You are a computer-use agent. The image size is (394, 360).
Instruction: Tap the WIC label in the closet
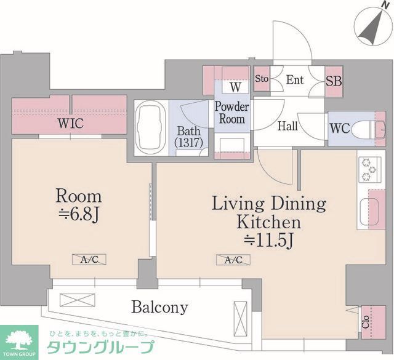click(71, 124)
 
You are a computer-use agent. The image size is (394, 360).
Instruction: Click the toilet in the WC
click(369, 128)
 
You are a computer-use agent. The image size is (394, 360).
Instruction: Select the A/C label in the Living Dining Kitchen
click(233, 260)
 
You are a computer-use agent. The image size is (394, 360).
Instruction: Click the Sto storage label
click(262, 79)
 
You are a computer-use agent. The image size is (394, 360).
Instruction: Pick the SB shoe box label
click(334, 81)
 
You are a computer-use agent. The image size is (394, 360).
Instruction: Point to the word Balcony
click(159, 306)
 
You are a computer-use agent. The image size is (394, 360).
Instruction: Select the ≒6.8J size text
click(78, 217)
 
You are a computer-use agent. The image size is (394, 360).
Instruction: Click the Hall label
click(287, 126)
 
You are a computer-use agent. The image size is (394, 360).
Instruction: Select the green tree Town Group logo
click(20, 340)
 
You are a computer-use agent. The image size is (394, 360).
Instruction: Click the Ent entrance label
click(295, 79)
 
